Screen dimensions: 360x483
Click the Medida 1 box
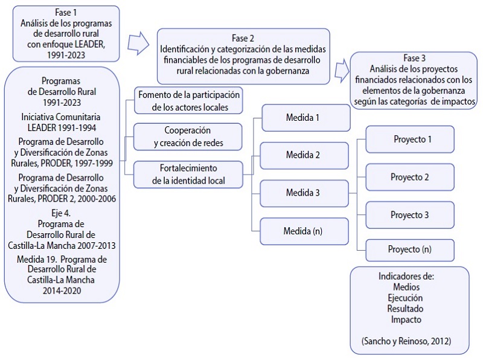305,118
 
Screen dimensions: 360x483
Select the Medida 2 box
305,155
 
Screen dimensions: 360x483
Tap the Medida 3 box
305,193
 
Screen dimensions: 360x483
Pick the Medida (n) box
305,231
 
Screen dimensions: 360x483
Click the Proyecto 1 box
410,140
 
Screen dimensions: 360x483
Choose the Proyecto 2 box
410,178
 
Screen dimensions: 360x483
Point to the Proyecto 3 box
410,215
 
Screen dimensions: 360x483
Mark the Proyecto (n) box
410,249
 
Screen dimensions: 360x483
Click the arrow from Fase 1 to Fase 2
139,43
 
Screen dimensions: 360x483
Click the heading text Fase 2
243,37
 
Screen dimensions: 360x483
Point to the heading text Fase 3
414,58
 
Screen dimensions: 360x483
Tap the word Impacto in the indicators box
406,320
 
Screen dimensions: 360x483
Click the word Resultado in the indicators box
406,309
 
